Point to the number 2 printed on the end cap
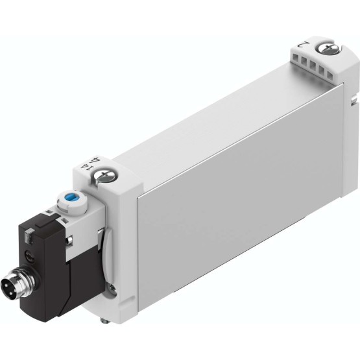coord(304,44)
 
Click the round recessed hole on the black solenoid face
coord(29,255)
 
